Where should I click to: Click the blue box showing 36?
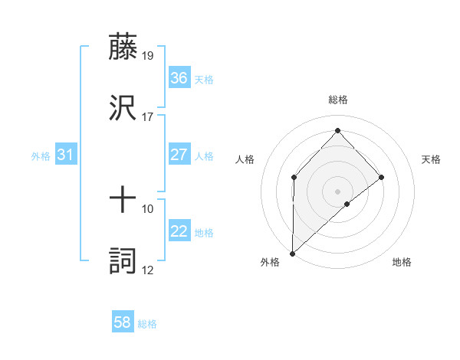(x=179, y=78)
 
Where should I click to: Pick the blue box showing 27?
(x=179, y=155)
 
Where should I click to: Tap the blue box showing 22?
(x=179, y=231)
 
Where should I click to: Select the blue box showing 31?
(x=66, y=155)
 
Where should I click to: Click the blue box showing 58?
(x=123, y=322)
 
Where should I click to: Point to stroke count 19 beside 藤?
(x=148, y=55)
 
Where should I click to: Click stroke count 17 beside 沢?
(x=148, y=117)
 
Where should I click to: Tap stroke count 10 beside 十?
(x=148, y=208)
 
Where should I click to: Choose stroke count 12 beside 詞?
(x=148, y=270)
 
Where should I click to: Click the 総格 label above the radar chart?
(x=337, y=100)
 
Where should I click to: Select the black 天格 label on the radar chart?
(x=431, y=159)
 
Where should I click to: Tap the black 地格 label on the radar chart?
(x=402, y=263)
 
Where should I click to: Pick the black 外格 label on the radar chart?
(x=270, y=263)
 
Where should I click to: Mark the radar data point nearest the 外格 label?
(x=292, y=253)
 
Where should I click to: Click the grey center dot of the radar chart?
(x=337, y=191)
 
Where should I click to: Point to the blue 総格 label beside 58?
(x=147, y=324)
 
